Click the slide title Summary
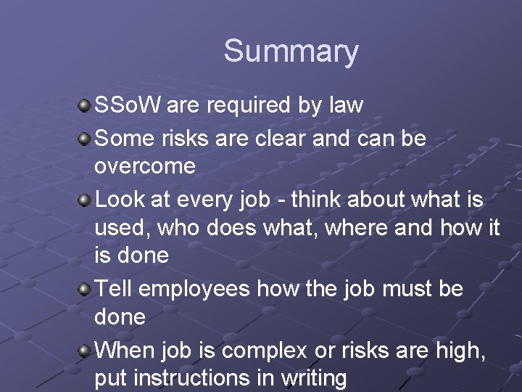click(291, 52)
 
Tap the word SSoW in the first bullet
click(128, 105)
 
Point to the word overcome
click(145, 166)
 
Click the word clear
click(281, 137)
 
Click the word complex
click(265, 350)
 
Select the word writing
click(310, 379)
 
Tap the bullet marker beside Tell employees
click(84, 289)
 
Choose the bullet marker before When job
click(84, 351)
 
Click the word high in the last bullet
click(461, 350)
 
